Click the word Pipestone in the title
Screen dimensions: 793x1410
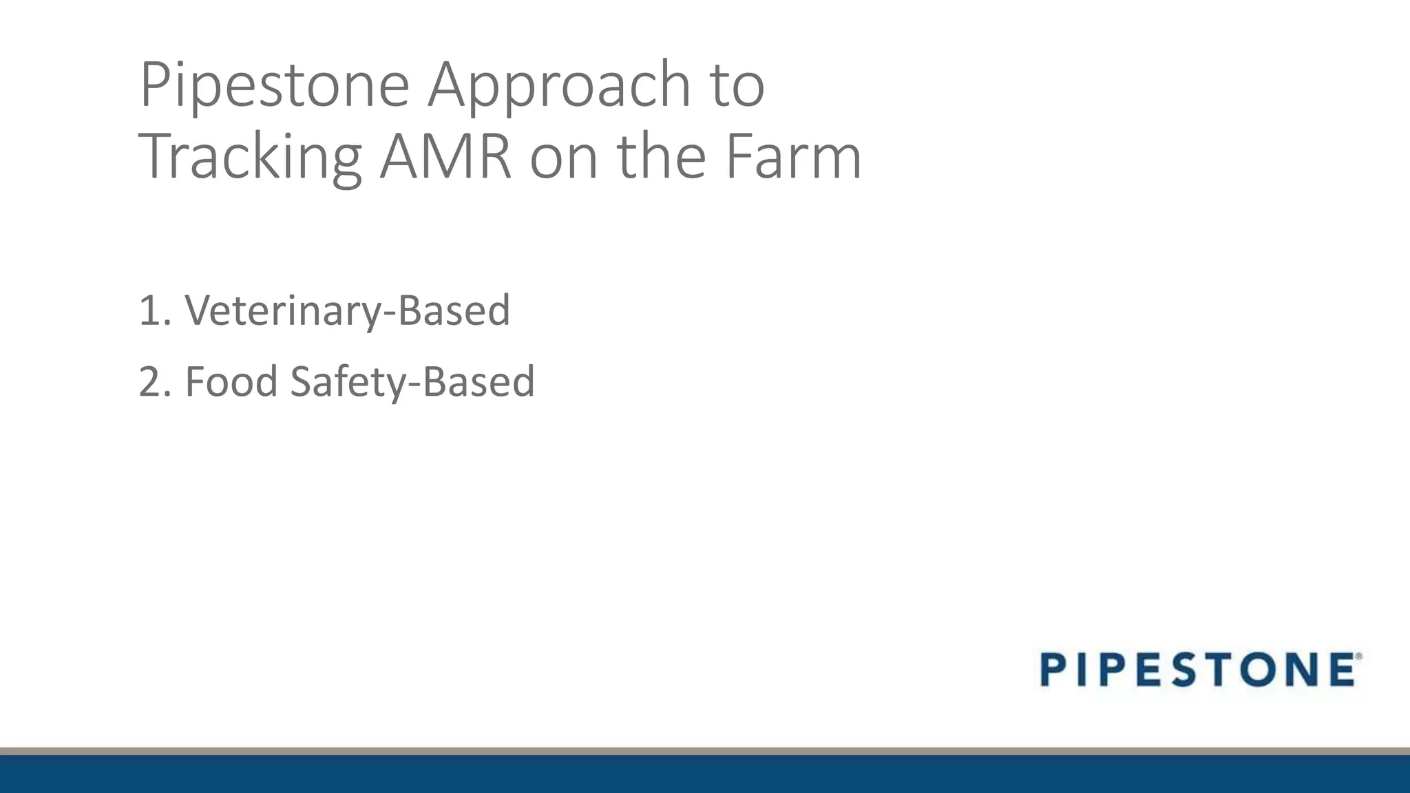274,85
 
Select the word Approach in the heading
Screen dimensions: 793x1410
558,85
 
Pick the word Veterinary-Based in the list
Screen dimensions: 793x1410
347,310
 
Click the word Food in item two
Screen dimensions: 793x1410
231,381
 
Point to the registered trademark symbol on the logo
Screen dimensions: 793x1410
1358,657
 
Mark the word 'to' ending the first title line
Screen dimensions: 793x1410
737,85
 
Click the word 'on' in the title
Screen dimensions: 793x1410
564,158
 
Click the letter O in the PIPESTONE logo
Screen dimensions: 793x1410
1265,670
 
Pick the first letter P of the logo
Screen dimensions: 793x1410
1057,670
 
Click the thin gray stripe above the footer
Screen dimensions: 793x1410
705,751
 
